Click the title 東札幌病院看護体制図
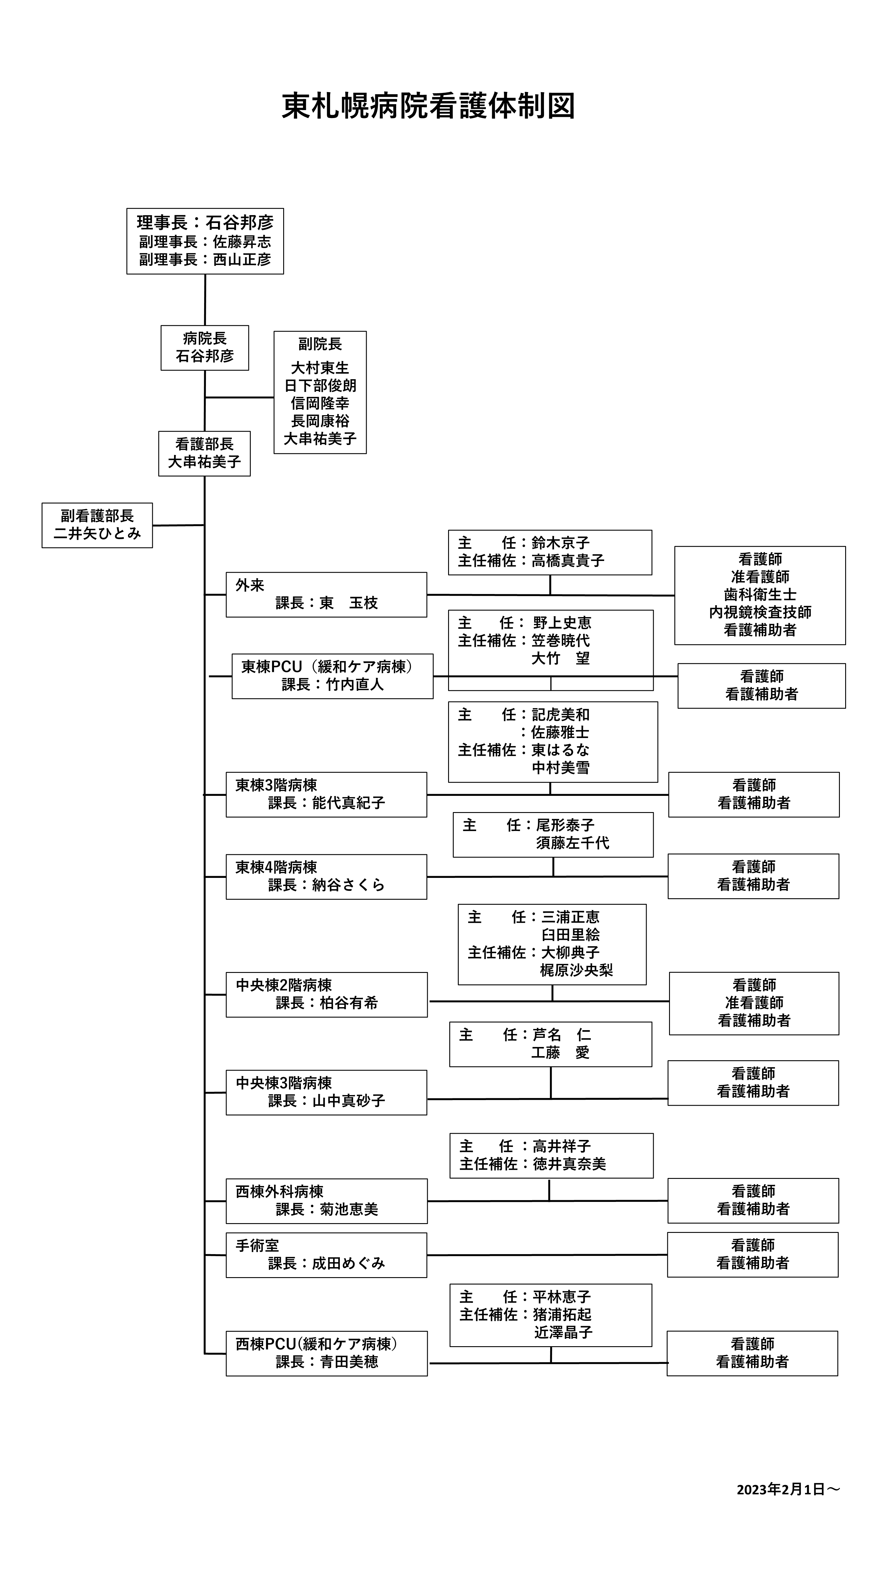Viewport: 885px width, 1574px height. coord(428,106)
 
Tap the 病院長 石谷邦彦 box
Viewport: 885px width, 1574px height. coord(205,348)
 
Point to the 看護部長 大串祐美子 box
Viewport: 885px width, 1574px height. coord(205,453)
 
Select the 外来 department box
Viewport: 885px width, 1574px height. coord(326,595)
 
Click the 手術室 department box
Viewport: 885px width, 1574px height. coord(326,1255)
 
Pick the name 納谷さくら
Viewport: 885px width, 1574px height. coord(348,885)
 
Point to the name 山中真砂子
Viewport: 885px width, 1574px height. coord(348,1100)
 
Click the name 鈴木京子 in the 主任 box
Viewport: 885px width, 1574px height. coord(561,543)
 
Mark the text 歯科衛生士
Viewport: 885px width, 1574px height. coord(761,595)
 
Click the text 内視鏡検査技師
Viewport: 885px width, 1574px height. coord(761,612)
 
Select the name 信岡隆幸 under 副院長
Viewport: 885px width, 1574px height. coord(320,403)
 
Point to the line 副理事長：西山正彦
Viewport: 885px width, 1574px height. coord(205,260)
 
